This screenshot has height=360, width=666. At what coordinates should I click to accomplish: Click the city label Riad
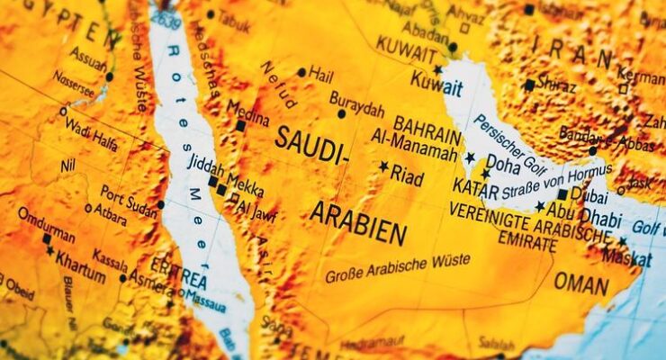[x=407, y=175]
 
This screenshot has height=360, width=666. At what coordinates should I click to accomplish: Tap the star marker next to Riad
[x=383, y=166]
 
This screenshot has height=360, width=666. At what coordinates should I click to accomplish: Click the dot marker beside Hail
[x=301, y=72]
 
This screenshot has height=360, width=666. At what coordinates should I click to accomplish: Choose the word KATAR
[x=476, y=188]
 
